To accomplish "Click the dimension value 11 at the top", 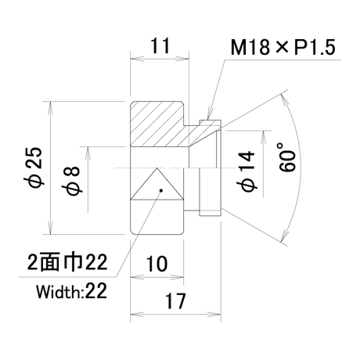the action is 160,46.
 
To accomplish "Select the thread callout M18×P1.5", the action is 283,47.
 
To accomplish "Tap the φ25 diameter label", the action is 35,167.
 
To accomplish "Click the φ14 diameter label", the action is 246,171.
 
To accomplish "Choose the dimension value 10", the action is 157,264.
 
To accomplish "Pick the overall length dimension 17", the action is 175,301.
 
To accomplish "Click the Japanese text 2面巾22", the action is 67,262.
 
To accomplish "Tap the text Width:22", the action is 71,291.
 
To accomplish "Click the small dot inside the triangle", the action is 161,190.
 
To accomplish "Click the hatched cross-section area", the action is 167,124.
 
